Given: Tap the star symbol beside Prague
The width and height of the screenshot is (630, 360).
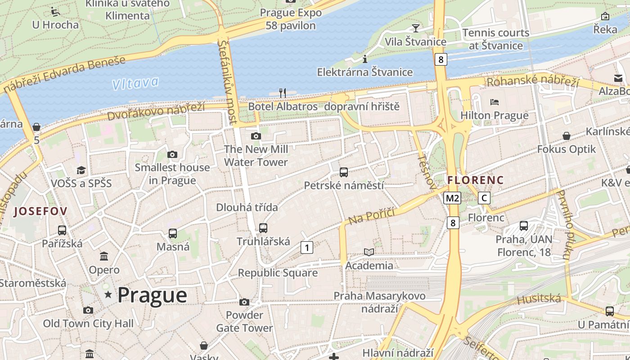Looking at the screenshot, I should tap(108, 295).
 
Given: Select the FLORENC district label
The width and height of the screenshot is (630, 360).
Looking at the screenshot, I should tap(475, 180).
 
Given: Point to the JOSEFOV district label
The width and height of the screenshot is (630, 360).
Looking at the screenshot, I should tap(40, 211).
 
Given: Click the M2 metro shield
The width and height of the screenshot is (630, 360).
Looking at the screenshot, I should tap(452, 198).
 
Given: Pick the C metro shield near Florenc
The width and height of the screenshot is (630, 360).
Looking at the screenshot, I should tap(484, 198).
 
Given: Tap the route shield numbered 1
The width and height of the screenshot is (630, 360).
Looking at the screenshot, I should tap(306, 247).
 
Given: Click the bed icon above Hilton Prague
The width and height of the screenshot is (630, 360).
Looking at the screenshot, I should tap(495, 102).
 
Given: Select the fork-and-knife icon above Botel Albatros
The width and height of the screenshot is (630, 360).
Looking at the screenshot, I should tap(283, 93).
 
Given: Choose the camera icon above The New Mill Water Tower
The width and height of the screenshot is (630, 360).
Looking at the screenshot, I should tap(256, 136).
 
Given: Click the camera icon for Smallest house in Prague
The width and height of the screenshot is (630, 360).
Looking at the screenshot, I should tap(172, 154).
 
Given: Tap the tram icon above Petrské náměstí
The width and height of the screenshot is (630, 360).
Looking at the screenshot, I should tap(344, 172).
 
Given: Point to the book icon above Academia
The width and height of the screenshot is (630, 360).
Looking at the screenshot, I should tap(369, 252).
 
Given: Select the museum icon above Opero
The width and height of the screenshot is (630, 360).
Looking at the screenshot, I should tap(104, 256).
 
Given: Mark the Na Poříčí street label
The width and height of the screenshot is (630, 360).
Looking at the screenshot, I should tap(372, 216).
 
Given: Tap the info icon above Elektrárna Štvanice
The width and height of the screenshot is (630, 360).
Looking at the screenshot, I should tap(365, 59).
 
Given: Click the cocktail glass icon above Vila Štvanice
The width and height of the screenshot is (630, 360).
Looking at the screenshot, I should tap(415, 28).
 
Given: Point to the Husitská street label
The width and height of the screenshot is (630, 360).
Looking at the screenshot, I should tap(539, 299).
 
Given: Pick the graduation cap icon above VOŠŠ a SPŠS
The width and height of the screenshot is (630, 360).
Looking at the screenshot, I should tap(81, 170).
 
